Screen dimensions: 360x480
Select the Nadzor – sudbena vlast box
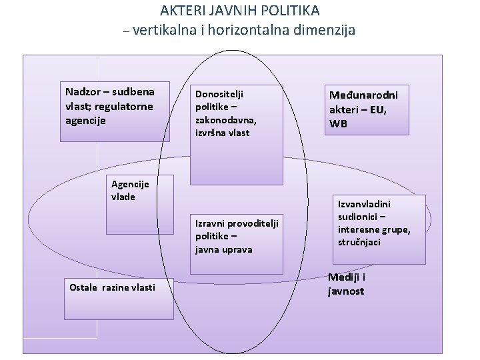(115, 111)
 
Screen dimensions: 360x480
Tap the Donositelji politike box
(236, 133)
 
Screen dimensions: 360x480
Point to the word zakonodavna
(225, 120)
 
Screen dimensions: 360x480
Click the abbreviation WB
(338, 124)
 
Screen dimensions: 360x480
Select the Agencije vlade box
(130, 203)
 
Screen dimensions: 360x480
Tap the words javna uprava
(223, 250)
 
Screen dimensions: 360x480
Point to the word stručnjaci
(359, 242)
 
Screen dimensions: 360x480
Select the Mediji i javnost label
(347, 284)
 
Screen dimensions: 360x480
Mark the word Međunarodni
(364, 96)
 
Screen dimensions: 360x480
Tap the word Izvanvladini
(364, 204)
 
